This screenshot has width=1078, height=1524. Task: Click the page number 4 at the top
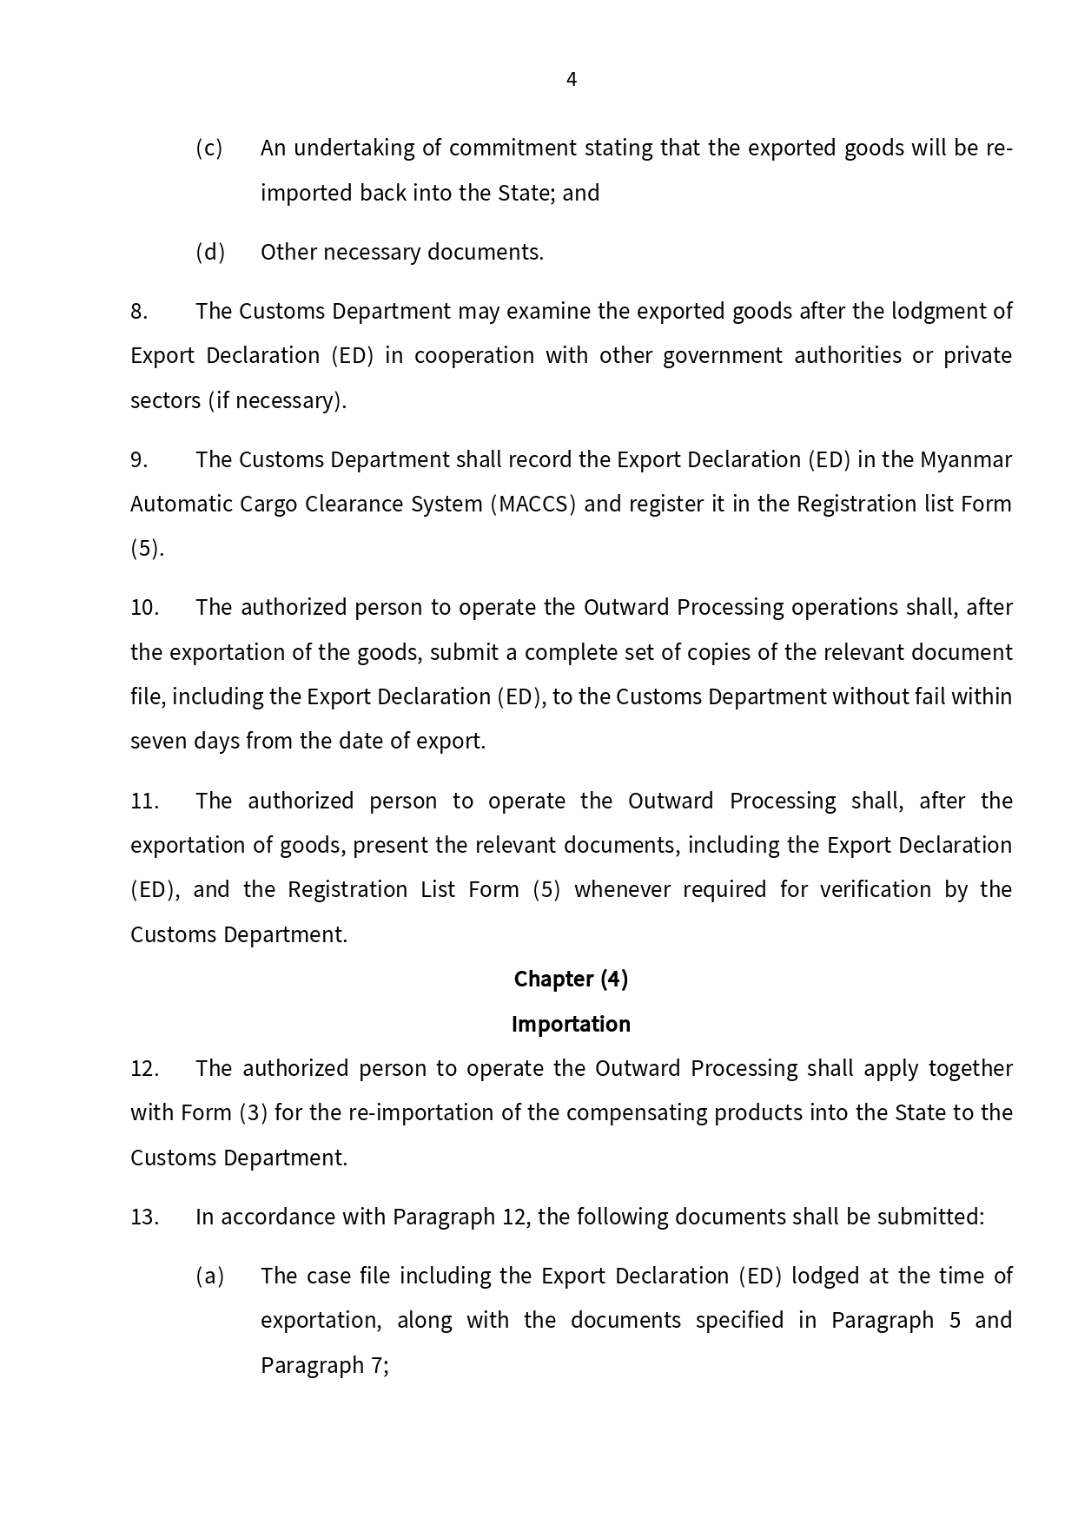click(571, 80)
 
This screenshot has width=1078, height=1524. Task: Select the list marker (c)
click(209, 148)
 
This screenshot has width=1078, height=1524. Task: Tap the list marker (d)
click(210, 252)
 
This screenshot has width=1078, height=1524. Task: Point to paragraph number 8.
click(139, 311)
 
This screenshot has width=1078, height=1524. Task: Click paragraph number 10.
click(144, 607)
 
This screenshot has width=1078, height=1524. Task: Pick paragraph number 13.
click(144, 1217)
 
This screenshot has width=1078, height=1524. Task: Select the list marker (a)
click(210, 1276)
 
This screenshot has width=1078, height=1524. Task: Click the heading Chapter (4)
click(571, 979)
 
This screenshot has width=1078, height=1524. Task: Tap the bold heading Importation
click(571, 1024)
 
